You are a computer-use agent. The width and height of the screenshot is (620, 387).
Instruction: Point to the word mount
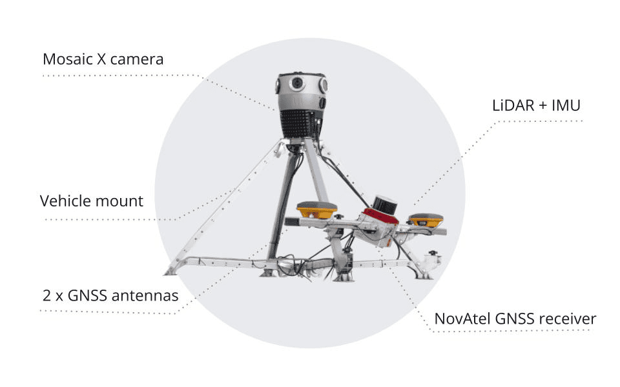click(x=120, y=201)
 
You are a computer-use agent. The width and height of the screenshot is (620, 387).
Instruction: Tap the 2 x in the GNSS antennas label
click(x=53, y=297)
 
